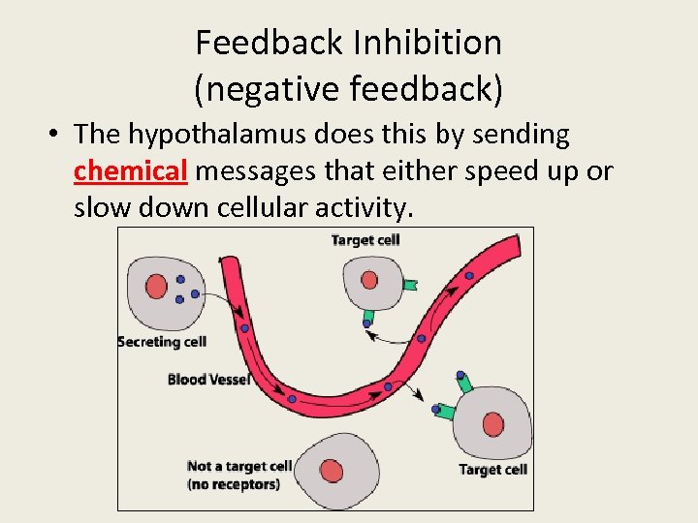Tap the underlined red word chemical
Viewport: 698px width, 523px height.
coord(130,171)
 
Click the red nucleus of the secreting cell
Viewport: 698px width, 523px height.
coord(156,286)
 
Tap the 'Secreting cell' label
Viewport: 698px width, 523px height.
coord(162,341)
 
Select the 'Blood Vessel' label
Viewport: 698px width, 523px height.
coord(208,379)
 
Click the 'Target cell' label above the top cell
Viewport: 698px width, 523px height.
coord(365,239)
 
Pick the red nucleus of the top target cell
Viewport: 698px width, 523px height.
coord(369,280)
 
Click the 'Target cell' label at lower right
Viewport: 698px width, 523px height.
coord(492,470)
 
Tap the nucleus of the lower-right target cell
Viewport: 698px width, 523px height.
coord(493,424)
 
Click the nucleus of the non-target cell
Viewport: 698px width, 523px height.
coord(333,471)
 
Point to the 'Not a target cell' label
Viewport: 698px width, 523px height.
coord(238,467)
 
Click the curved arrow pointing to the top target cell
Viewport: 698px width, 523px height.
coord(393,334)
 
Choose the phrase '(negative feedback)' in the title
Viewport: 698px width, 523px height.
coord(349,89)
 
